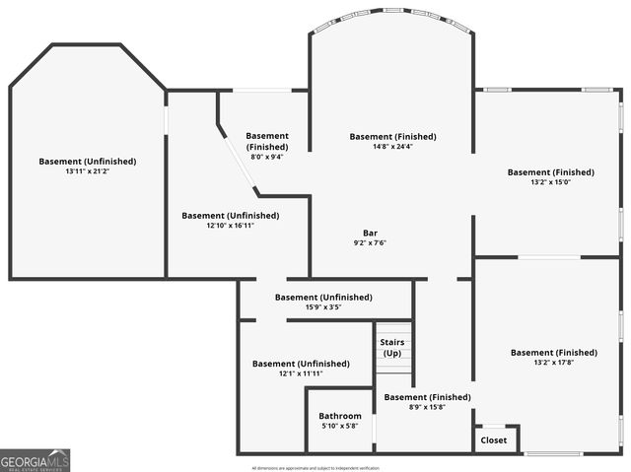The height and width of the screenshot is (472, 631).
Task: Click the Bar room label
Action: click(370, 233)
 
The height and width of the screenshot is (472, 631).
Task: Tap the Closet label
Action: click(493, 440)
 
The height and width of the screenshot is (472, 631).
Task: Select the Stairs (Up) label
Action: click(392, 348)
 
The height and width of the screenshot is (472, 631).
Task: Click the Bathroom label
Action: click(340, 416)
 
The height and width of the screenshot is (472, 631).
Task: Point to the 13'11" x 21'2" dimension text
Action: click(88, 171)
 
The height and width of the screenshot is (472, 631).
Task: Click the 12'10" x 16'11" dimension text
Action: click(231, 226)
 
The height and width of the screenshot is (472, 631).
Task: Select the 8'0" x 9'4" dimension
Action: click(267, 157)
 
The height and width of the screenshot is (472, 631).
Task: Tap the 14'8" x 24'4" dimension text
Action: click(392, 147)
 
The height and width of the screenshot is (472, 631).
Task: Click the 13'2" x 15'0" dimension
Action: click(551, 182)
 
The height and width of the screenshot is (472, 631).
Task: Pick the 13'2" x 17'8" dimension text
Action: click(552, 363)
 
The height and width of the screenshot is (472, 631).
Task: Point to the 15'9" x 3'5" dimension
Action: click(323, 307)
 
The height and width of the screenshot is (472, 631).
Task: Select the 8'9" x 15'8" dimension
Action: click(427, 407)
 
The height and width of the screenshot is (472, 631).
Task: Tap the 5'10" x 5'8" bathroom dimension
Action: click(340, 427)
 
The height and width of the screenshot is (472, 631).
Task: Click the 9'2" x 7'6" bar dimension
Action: click(370, 243)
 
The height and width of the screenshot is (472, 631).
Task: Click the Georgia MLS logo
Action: click(35, 460)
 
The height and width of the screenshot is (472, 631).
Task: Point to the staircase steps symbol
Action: click(392, 367)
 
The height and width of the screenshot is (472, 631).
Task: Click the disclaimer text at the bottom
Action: click(315, 467)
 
